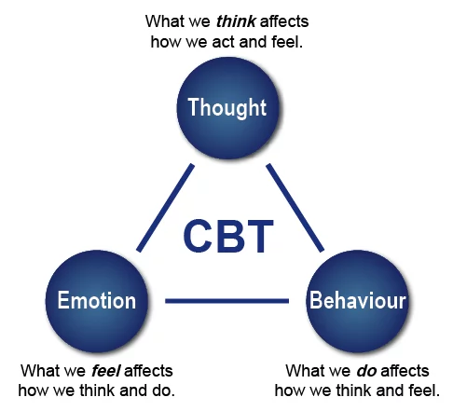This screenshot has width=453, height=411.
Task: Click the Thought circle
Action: click(x=227, y=107)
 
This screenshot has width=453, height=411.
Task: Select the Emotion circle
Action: click(x=97, y=300)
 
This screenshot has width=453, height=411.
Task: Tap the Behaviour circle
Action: click(x=357, y=300)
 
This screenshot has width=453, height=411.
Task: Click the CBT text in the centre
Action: click(x=227, y=236)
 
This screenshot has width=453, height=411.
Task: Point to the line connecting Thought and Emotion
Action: click(x=165, y=208)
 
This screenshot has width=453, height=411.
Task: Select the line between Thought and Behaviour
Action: click(x=295, y=208)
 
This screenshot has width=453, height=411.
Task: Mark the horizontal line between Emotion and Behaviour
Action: click(x=226, y=301)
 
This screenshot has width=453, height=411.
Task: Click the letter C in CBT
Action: click(x=199, y=236)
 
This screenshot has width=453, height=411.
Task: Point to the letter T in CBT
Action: click(x=258, y=236)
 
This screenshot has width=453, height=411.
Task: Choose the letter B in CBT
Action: click(x=229, y=236)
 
